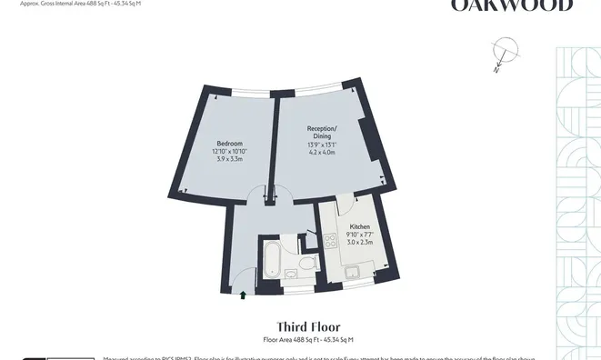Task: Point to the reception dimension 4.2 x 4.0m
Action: coord(322,153)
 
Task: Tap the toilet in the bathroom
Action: coord(308,264)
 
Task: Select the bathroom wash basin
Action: coord(292,269)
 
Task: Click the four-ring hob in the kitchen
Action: coord(328,241)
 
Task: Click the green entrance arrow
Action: coord(243,294)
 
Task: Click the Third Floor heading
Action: coord(307,325)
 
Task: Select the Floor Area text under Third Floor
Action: coord(307,339)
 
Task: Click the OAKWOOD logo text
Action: coord(513,5)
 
